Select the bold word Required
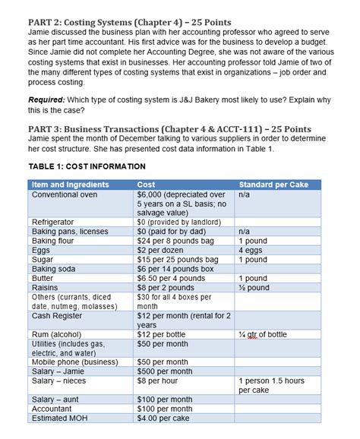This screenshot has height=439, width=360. [47, 100]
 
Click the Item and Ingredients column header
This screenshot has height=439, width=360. [71, 185]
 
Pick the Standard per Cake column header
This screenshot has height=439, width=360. [274, 185]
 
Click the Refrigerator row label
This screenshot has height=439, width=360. [52, 222]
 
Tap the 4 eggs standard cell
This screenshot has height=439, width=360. [251, 249]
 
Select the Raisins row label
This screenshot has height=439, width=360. [46, 287]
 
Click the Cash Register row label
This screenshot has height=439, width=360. [57, 315]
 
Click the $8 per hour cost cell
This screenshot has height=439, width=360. [160, 381]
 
